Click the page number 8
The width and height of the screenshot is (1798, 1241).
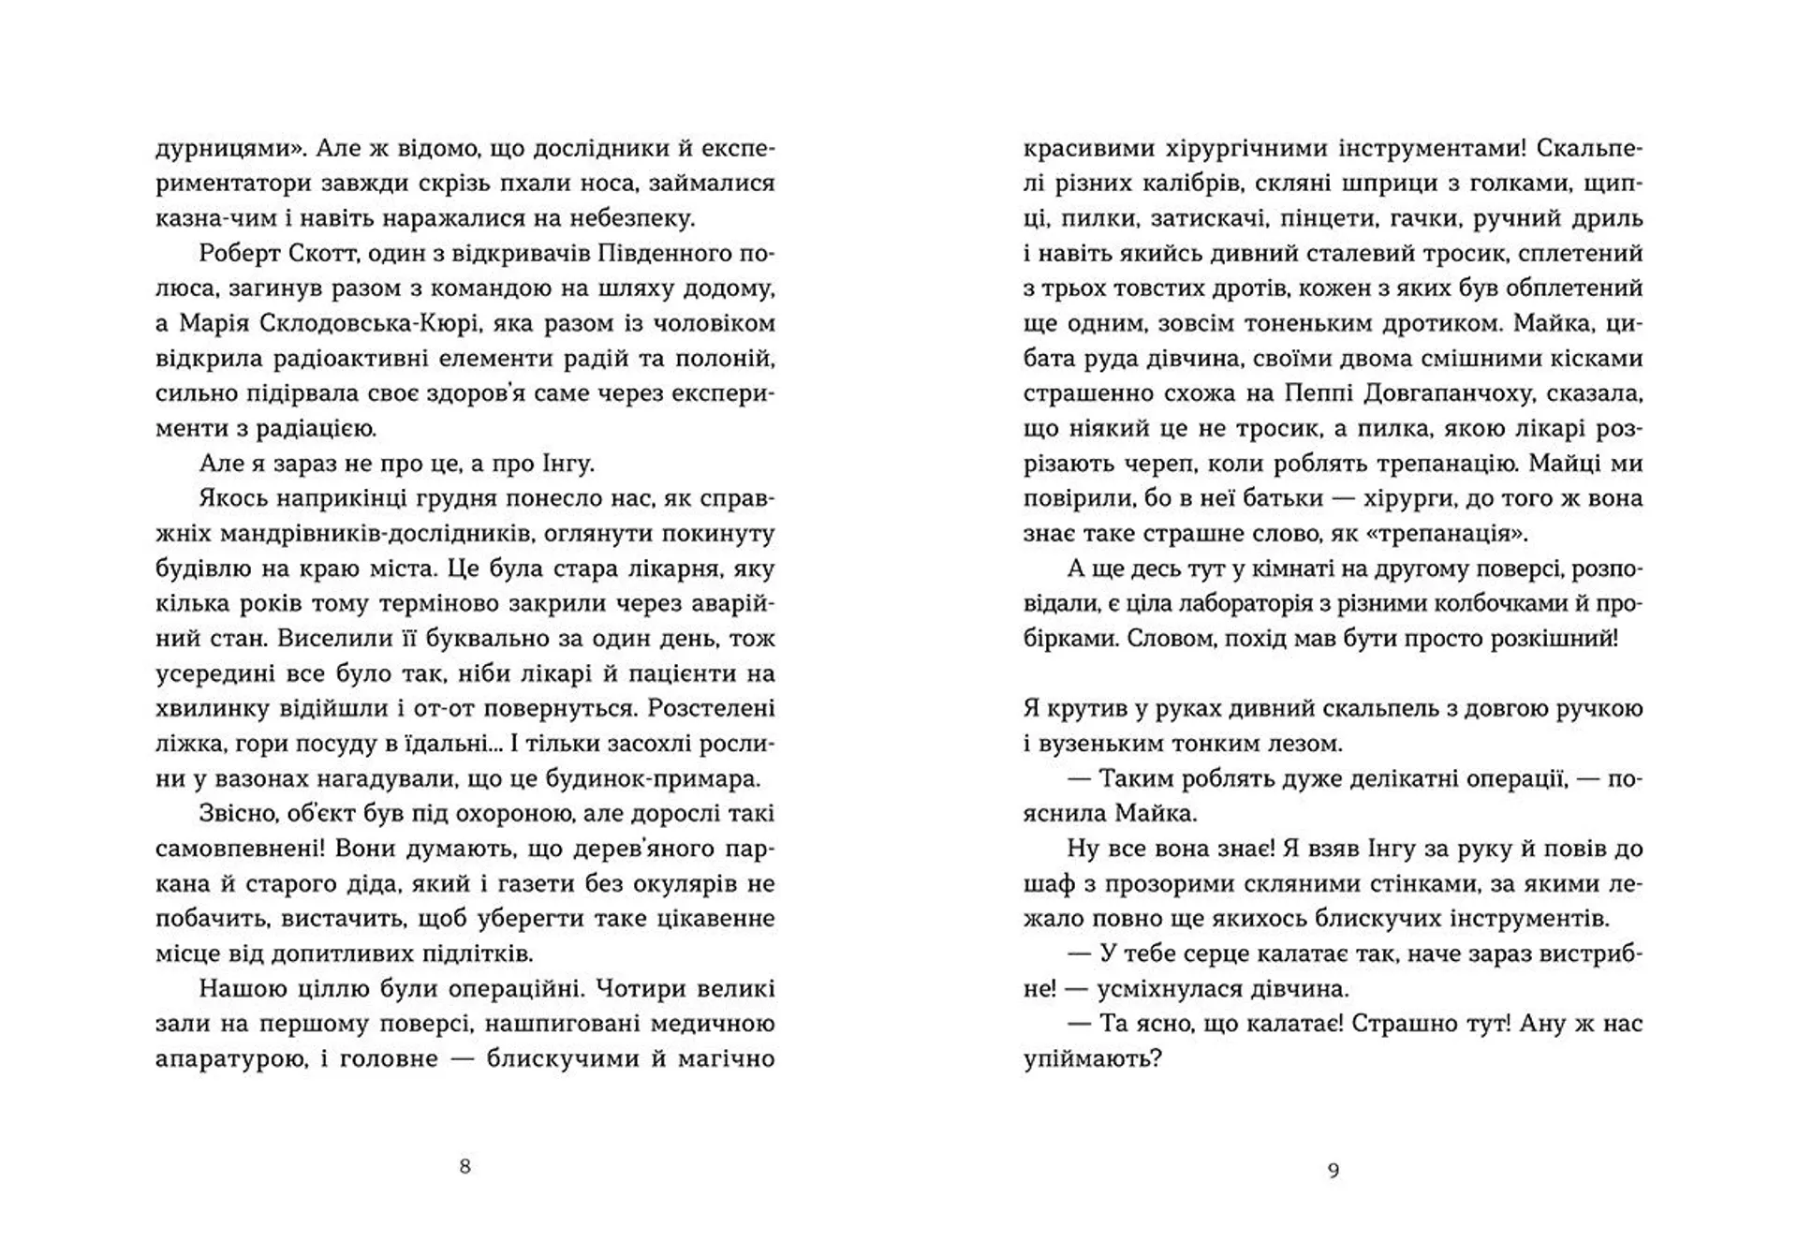pyautogui.click(x=465, y=1167)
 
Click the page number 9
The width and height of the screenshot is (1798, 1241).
pyautogui.click(x=1334, y=1170)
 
